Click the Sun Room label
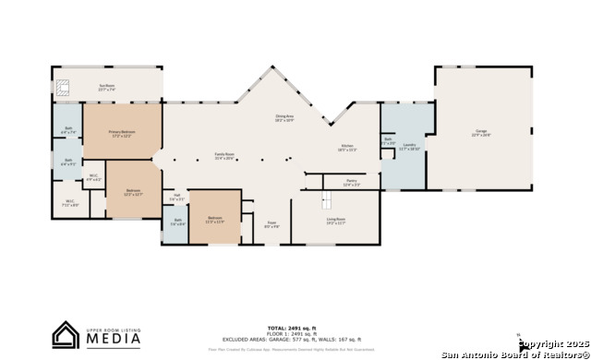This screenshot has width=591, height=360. (x=108, y=89)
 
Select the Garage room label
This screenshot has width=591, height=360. (x=481, y=133)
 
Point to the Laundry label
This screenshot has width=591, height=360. (x=410, y=146)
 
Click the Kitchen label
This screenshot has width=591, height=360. (x=347, y=148)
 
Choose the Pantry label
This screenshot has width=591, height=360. (x=352, y=183)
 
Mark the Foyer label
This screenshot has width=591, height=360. (x=272, y=223)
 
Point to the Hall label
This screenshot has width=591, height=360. (x=176, y=198)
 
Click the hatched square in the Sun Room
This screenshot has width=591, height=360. (x=63, y=89)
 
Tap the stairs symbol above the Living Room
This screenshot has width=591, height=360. (x=326, y=201)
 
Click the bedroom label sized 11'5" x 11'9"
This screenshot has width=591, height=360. (x=214, y=221)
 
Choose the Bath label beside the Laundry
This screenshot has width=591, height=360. (x=389, y=141)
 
